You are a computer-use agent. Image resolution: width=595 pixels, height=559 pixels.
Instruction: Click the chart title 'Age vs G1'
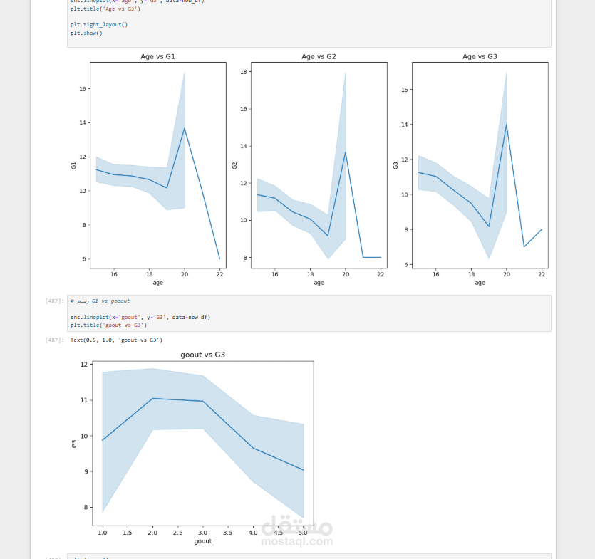157,56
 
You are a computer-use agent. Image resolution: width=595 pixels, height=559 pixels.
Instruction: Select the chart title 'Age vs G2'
319,56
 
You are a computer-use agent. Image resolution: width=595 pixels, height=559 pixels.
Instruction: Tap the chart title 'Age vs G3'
480,56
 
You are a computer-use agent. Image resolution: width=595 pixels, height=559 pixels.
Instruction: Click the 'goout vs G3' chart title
203,355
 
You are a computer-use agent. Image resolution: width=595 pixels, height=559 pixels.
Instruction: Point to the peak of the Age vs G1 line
185,128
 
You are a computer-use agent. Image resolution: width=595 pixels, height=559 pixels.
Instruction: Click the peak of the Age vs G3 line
507,125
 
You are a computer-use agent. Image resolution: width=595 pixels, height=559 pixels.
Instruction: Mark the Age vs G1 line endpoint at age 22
219,258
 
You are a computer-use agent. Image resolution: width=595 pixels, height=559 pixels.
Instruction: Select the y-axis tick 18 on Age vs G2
244,72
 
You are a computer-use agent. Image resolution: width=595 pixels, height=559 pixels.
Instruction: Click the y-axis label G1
73,165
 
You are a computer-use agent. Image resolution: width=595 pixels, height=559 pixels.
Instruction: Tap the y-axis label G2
234,165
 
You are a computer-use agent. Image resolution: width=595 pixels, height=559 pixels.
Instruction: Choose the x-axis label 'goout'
203,541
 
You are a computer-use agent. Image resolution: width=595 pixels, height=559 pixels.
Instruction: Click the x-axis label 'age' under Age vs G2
319,283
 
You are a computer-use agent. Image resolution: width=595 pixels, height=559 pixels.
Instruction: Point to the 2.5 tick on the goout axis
177,532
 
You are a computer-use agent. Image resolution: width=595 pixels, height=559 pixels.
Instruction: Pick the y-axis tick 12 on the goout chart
84,365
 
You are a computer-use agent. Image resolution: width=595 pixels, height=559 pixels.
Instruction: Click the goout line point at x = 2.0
152,398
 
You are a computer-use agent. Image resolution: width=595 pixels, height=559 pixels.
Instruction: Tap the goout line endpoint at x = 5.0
304,470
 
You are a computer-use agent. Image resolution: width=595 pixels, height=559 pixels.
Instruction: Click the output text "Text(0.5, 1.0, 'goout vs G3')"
116,340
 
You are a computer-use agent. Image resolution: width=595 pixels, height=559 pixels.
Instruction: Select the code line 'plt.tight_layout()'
99,24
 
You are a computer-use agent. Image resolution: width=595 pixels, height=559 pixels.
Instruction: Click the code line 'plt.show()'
86,33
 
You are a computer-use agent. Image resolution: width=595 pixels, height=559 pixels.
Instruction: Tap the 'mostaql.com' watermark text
297,541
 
